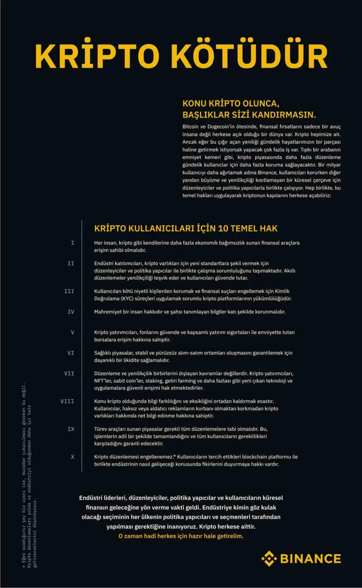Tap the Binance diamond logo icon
[x=269, y=558]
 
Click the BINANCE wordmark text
[x=310, y=559]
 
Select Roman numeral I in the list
[x=72, y=243]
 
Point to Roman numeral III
[x=69, y=291]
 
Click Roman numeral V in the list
[x=72, y=332]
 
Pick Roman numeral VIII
[x=67, y=401]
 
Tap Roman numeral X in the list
[x=72, y=457]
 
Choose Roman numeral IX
[x=71, y=429]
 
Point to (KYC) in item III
[x=127, y=298]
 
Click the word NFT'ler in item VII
[x=103, y=381]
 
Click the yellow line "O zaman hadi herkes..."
[x=181, y=536]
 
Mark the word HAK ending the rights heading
[x=268, y=228]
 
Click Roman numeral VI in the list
[x=71, y=353]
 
